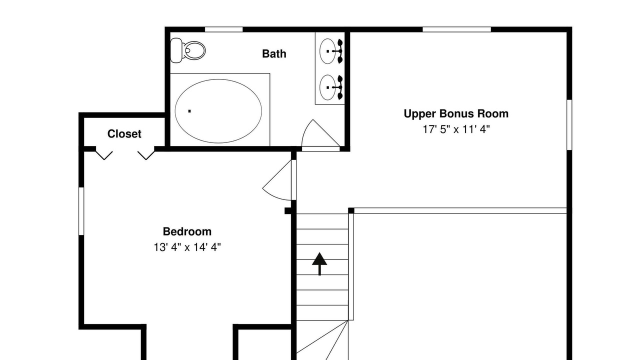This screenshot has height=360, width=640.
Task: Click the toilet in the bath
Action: pyautogui.click(x=187, y=50)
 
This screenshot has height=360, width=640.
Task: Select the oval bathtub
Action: pyautogui.click(x=218, y=111)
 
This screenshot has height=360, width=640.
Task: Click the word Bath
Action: pyautogui.click(x=274, y=53)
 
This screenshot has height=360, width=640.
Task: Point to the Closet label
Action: pyautogui.click(x=124, y=133)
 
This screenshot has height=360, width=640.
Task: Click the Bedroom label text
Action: pyautogui.click(x=187, y=231)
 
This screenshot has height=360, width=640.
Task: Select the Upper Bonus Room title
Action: pyautogui.click(x=456, y=113)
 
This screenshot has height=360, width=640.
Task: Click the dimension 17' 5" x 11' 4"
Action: pyautogui.click(x=456, y=129)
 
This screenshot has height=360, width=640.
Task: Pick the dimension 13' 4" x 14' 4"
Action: pyautogui.click(x=187, y=247)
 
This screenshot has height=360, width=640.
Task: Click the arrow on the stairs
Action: pyautogui.click(x=319, y=263)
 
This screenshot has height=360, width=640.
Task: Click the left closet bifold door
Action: pyautogui.click(x=104, y=155)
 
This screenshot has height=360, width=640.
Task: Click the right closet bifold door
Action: pyautogui.click(x=146, y=155)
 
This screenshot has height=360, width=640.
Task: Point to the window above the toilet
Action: pyautogui.click(x=223, y=29)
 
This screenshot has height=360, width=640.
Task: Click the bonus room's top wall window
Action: pyautogui.click(x=456, y=29)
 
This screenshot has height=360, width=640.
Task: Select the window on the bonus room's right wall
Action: pyautogui.click(x=569, y=124)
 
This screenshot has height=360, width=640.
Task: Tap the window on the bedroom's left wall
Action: pyautogui.click(x=81, y=211)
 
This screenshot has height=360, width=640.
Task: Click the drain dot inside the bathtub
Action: pyautogui.click(x=189, y=111)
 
